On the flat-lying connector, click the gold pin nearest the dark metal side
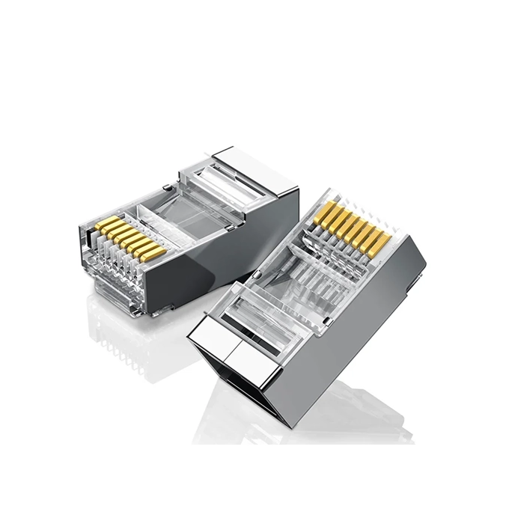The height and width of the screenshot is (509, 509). click(x=153, y=254)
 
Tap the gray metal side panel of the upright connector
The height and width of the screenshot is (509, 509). click(x=359, y=329)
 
